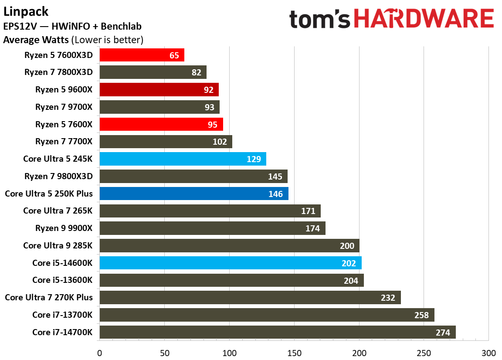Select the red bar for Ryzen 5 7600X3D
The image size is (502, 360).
(142, 55)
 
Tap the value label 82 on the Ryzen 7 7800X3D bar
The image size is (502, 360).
(197, 72)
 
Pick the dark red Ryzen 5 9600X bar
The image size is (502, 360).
(159, 90)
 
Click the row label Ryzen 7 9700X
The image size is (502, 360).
(64, 107)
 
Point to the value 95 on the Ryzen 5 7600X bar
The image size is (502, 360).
(213, 125)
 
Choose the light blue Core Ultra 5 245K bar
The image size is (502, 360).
(183, 159)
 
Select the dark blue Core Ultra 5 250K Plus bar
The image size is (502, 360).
(193, 194)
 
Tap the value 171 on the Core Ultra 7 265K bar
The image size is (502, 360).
(308, 211)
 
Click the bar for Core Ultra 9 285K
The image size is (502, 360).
(229, 246)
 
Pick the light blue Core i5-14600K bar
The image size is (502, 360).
(231, 263)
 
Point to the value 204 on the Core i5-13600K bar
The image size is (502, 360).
(351, 281)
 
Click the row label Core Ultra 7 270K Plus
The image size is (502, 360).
(49, 298)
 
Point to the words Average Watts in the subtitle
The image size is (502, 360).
(36, 40)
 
